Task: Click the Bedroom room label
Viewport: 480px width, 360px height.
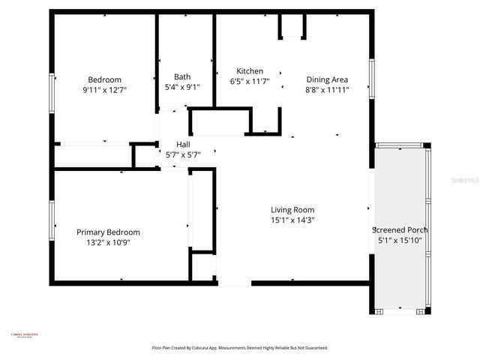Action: [104, 79]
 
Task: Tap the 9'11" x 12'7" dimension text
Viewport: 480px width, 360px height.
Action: [104, 91]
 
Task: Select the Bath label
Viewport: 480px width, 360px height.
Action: [182, 76]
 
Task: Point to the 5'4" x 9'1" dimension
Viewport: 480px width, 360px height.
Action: [182, 87]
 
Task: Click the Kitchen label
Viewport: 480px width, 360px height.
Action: [250, 71]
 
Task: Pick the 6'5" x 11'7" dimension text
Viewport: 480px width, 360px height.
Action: [250, 82]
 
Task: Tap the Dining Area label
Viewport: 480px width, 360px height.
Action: [327, 79]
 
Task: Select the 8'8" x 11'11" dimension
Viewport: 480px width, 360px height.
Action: [327, 90]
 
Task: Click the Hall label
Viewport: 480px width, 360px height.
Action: [183, 144]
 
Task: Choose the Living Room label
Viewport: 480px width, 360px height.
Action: [292, 210]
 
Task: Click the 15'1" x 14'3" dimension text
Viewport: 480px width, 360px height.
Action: [292, 220]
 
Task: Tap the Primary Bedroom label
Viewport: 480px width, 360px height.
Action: [108, 232]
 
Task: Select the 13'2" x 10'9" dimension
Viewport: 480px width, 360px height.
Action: [108, 243]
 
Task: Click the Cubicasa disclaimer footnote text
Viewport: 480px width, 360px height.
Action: [239, 348]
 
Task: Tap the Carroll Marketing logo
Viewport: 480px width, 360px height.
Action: [25, 336]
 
